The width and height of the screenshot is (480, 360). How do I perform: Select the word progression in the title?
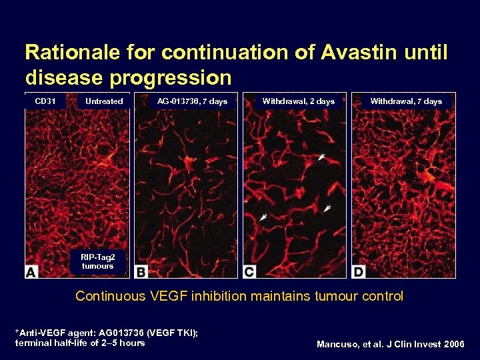tap(171, 78)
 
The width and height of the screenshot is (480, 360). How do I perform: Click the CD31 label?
tap(45, 101)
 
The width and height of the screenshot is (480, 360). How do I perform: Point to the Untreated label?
tap(104, 101)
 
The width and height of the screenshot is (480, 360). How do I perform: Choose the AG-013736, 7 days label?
tap(192, 101)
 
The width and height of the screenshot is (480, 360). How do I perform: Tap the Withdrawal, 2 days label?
tap(298, 101)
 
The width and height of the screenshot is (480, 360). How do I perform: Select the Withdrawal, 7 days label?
tap(406, 101)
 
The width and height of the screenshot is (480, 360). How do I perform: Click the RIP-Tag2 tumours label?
tap(97, 261)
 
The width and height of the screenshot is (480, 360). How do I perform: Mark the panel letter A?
tap(31, 271)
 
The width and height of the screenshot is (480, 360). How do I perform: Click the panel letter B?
tap(141, 271)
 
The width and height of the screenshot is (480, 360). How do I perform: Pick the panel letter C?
tap(249, 271)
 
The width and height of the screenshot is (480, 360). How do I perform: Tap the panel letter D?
tap(359, 271)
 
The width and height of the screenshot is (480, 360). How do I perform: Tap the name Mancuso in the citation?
tap(338, 345)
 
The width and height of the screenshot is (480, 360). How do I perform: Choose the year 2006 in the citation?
tap(453, 345)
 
